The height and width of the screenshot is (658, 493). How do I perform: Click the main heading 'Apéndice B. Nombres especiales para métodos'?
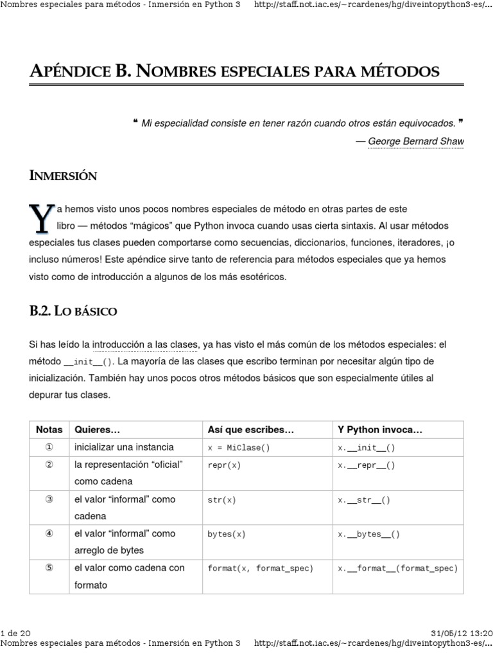coord(234,70)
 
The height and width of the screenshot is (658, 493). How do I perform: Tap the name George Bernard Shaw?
coord(415,141)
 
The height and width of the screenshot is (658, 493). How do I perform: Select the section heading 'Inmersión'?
coord(63,176)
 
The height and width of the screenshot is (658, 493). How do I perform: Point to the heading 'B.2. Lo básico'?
coord(73,311)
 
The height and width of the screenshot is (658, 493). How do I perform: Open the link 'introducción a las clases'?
coord(145,345)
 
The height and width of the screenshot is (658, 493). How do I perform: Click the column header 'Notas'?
coord(49,430)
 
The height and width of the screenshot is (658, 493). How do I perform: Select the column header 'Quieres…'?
coord(98,430)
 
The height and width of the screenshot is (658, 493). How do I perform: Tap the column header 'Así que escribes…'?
coord(250,430)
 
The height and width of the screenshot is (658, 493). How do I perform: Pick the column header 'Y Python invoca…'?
coord(380,430)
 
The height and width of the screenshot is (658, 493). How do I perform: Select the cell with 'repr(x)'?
coord(224,465)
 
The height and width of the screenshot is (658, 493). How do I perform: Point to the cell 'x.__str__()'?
coord(364,500)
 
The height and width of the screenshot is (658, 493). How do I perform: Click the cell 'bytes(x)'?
coord(227,534)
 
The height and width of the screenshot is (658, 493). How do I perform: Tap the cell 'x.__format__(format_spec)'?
coord(398,569)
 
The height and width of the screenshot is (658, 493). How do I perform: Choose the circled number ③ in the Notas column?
coord(49,499)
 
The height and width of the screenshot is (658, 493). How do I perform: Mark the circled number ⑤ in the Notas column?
coord(49,568)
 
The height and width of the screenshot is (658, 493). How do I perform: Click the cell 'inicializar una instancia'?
coord(124,447)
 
